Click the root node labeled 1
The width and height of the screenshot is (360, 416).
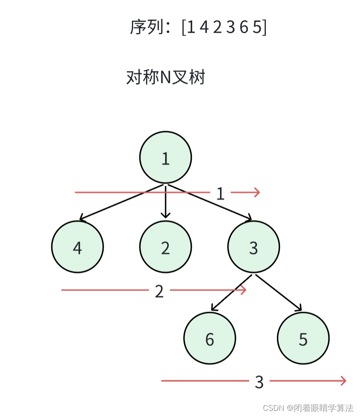point(165,157)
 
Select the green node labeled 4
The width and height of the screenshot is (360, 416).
point(77,247)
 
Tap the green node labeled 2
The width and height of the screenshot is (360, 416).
point(165,247)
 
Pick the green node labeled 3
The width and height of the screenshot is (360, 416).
point(253,247)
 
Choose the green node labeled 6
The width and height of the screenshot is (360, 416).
point(210,339)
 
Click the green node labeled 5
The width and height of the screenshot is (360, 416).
point(303,339)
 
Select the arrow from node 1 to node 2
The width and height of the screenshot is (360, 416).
point(165,201)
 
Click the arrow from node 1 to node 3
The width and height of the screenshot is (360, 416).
point(209,202)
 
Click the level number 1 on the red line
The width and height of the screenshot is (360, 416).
point(220,194)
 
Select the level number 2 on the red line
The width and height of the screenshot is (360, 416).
point(159,291)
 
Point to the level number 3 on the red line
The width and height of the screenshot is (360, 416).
point(259,382)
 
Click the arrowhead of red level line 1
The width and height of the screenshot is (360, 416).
point(257,192)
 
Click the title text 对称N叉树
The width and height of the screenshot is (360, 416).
point(166,77)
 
